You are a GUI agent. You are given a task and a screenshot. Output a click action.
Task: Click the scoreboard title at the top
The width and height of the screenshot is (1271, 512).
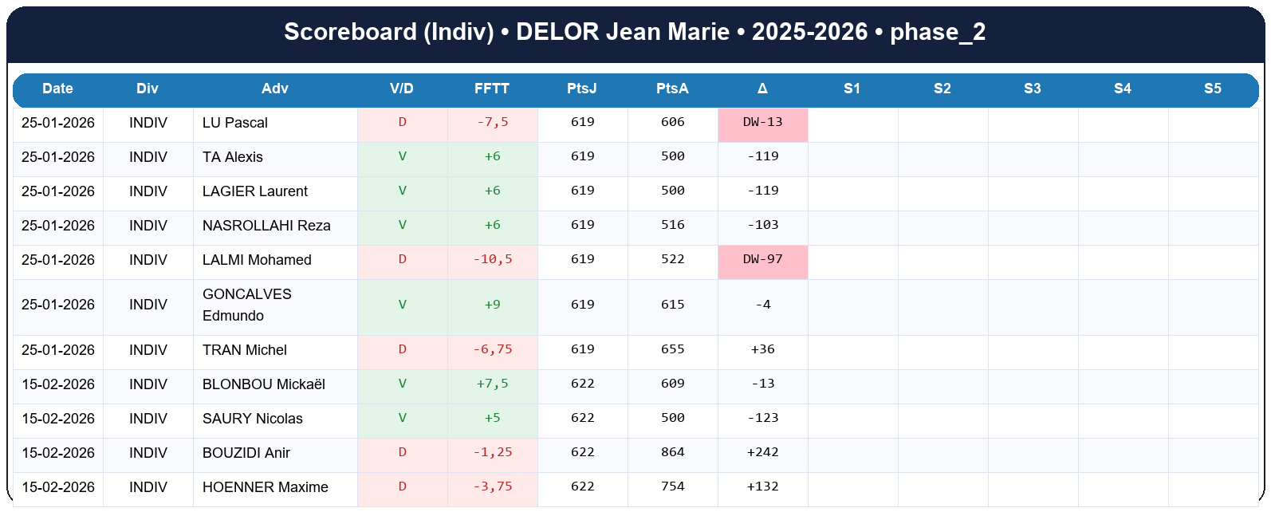click(635, 32)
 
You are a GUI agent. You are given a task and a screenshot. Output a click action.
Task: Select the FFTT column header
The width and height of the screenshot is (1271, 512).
click(491, 89)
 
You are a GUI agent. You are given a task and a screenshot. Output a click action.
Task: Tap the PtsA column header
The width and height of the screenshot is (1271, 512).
click(672, 89)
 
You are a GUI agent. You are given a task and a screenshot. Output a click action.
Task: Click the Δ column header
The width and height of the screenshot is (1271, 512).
click(762, 89)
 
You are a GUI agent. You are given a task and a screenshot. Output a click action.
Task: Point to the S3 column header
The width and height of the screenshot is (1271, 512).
click(1032, 89)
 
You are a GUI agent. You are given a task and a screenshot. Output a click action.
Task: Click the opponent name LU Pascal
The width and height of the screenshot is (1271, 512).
click(234, 123)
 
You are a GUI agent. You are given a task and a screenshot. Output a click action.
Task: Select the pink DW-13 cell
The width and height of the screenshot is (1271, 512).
click(762, 123)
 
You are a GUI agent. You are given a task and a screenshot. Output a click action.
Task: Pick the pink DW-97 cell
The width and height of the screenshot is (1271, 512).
click(762, 260)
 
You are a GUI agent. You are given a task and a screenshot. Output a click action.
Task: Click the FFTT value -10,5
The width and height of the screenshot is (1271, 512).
click(492, 260)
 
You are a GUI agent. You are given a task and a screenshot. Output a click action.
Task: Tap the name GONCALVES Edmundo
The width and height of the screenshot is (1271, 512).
click(246, 305)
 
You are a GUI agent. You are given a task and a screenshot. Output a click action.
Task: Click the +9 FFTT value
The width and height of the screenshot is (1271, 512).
click(492, 305)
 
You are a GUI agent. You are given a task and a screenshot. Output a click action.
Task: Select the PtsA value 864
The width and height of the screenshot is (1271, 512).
click(672, 452)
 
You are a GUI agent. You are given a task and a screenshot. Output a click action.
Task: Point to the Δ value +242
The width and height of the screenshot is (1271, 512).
click(762, 452)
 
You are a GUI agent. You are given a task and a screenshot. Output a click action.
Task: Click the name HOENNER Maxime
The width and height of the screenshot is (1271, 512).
click(265, 487)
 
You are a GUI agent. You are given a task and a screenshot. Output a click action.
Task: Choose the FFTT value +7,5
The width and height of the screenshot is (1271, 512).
click(492, 384)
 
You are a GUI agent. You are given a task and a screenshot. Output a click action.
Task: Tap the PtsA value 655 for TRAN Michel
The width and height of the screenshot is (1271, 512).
click(672, 349)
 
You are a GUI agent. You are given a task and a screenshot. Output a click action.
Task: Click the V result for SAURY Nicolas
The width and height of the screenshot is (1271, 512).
click(402, 418)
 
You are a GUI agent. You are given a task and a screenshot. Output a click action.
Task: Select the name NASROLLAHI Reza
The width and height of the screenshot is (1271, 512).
click(266, 226)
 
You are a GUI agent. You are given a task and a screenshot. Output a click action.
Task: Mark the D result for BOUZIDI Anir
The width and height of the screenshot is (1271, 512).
click(402, 452)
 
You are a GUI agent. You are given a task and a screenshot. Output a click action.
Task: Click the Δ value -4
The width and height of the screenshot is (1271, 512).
click(762, 305)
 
